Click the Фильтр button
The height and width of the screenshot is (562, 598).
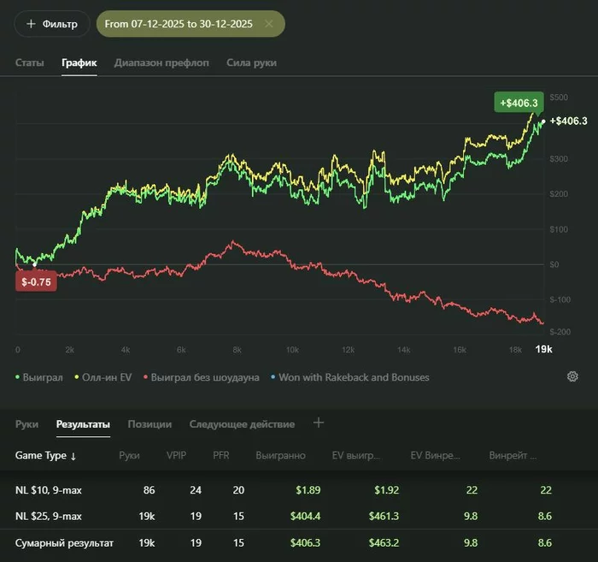click(x=51, y=24)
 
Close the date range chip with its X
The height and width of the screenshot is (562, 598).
click(x=269, y=24)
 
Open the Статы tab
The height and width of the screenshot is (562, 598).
click(x=30, y=62)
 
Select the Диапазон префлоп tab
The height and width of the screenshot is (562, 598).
click(x=161, y=62)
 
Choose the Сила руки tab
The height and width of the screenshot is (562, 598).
click(x=251, y=62)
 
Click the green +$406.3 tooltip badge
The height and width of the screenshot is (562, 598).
click(x=518, y=102)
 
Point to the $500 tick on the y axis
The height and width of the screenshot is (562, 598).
click(x=560, y=98)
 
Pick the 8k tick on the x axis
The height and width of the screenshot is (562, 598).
click(x=237, y=350)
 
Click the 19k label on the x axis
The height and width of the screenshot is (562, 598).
click(x=543, y=350)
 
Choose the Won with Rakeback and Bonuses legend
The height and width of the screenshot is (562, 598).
click(x=352, y=377)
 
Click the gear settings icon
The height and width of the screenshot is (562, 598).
click(x=572, y=376)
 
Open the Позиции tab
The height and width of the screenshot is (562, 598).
click(x=149, y=423)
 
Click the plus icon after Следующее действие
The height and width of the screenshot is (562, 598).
click(x=319, y=423)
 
